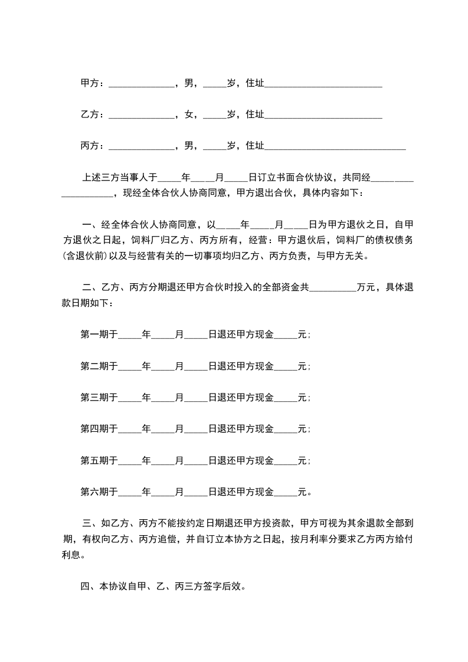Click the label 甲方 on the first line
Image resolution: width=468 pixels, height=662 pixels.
89,84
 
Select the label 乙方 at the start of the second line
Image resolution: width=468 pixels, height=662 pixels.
89,114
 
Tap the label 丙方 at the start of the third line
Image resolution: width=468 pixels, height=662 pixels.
89,146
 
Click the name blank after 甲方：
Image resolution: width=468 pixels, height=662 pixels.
142,84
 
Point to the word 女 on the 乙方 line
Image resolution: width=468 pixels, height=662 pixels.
189,114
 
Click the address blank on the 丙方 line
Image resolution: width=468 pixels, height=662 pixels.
335,146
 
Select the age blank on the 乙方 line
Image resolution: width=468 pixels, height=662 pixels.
215,115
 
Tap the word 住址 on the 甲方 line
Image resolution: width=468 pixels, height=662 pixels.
254,84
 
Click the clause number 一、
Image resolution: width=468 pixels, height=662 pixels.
91,224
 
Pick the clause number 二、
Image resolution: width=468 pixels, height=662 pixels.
91,288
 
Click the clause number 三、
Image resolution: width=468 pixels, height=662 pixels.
91,523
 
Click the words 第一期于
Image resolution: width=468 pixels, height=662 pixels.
99,335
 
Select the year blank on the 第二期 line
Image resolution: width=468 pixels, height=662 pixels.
130,366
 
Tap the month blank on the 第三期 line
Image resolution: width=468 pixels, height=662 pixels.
163,398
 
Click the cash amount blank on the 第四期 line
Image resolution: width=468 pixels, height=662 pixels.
286,429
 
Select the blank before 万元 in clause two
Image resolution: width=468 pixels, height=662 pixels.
333,289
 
